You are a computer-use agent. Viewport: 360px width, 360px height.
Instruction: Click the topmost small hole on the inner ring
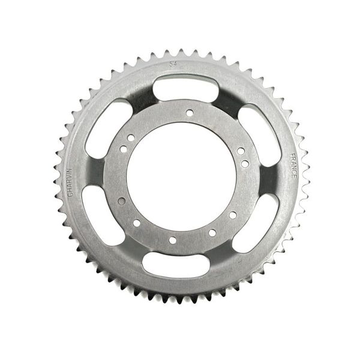coord(188,112)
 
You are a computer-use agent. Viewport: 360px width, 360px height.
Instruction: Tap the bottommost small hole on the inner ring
coord(173,240)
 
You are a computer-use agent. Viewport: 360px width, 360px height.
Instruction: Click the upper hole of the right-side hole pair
coord(239,151)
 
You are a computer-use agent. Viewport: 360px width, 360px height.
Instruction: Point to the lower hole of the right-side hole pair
coord(244,163)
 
